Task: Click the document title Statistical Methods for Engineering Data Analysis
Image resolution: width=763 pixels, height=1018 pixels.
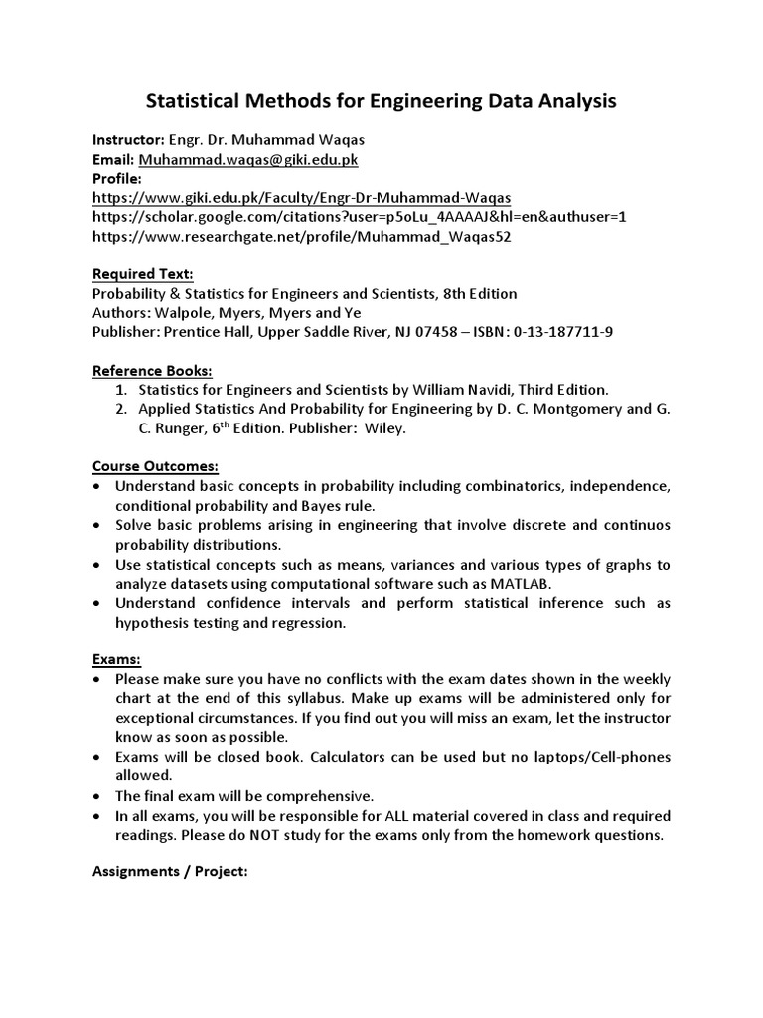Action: pyautogui.click(x=381, y=101)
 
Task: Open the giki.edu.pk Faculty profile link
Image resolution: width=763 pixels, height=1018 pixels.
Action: pyautogui.click(x=301, y=197)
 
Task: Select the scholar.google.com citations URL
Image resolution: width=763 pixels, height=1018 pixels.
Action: pyautogui.click(x=360, y=216)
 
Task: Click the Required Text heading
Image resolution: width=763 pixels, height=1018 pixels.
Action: pyautogui.click(x=143, y=274)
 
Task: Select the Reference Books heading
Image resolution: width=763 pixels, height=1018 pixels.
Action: pyautogui.click(x=153, y=371)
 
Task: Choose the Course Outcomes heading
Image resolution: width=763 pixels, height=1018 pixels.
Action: pyautogui.click(x=155, y=467)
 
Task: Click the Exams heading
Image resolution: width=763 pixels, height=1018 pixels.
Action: pyautogui.click(x=116, y=660)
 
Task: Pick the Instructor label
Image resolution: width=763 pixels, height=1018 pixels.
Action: pyautogui.click(x=127, y=139)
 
